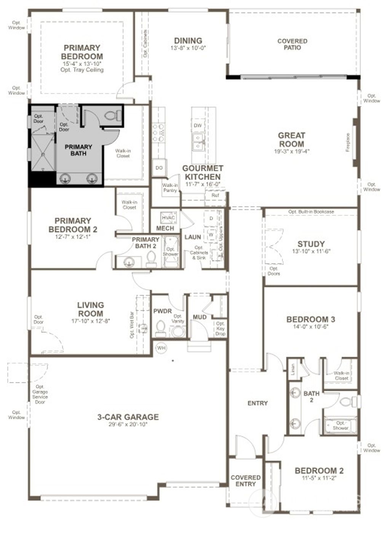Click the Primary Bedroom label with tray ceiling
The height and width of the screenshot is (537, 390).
[x=82, y=53]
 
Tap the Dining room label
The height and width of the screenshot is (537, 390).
[x=188, y=41]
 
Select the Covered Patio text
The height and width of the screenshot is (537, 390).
[x=292, y=44]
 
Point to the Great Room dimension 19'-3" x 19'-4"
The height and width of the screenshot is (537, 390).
[x=291, y=151]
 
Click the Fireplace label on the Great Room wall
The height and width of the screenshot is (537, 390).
[x=348, y=142]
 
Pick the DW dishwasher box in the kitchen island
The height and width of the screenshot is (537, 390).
[x=197, y=126]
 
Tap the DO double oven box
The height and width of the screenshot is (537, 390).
[x=159, y=168]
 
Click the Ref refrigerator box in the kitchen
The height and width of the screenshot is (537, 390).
[x=215, y=195]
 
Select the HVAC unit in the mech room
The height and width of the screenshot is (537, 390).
[x=168, y=217]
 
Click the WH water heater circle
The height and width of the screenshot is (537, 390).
[x=161, y=348]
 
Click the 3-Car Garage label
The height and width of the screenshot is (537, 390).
[x=128, y=417]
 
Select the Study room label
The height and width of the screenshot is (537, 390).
[x=311, y=244]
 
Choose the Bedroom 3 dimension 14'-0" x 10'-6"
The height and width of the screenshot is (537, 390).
[x=310, y=326]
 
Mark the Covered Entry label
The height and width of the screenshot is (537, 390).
[x=246, y=481]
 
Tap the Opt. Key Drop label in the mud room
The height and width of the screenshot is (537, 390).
[x=220, y=328]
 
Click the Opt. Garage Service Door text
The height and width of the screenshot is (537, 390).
[x=40, y=394]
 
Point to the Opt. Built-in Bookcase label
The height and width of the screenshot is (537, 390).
[x=311, y=212]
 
